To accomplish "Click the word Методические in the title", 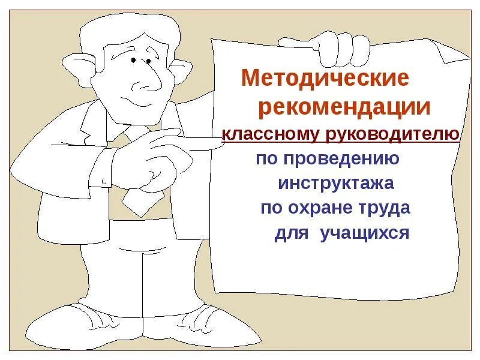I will click(325, 79).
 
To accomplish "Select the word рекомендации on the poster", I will click(344, 108).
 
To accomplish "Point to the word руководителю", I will click(393, 134).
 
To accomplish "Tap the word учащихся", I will click(364, 232).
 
